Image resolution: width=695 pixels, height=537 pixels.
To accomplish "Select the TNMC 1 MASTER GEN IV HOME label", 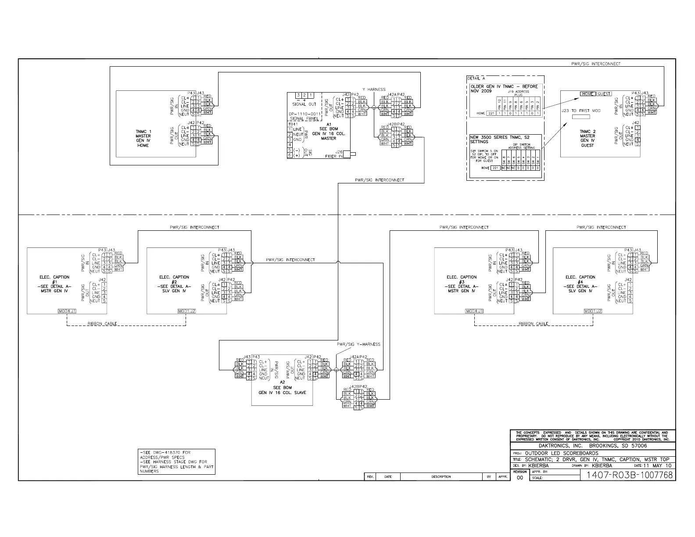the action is (x=143, y=138).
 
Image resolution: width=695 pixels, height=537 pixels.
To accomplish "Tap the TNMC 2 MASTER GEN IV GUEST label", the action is (x=588, y=138).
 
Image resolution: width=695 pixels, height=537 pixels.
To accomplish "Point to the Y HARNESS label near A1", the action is (x=373, y=89).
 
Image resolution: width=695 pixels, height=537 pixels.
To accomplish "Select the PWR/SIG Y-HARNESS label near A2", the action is (x=358, y=344).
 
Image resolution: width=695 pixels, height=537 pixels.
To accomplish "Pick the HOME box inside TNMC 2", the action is (x=587, y=94).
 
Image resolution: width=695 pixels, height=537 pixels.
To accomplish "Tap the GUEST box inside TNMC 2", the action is (x=604, y=94).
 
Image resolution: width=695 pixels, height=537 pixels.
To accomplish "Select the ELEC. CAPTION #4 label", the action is (x=580, y=284).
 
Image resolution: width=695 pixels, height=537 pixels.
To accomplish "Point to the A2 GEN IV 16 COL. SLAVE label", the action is (x=282, y=388).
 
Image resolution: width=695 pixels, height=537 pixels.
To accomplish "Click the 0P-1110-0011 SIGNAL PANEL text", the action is (x=305, y=116).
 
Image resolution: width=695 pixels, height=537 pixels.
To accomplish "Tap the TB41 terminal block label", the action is (x=292, y=124).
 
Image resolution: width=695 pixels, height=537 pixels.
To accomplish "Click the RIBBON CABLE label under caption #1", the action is (x=102, y=324).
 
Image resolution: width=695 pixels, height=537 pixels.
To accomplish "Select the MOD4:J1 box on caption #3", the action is (x=474, y=311).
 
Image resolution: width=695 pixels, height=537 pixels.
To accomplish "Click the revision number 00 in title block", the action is (x=520, y=478).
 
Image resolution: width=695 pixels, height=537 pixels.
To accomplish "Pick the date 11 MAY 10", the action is (x=657, y=465).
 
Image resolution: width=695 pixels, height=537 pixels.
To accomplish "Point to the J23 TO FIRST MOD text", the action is (x=581, y=111).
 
